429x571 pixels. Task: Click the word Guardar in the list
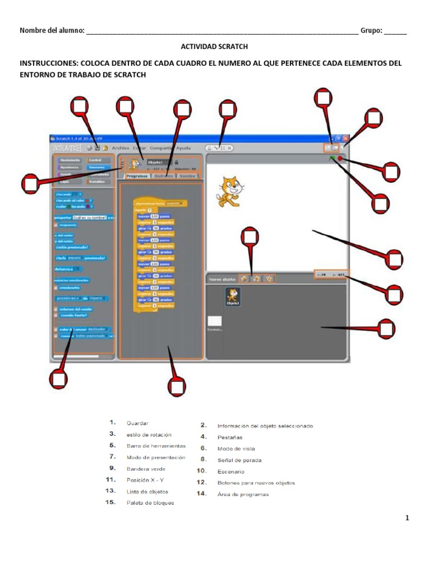pos(137,423)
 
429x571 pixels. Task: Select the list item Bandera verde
pos(146,469)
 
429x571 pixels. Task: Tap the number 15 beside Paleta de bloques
pos(112,502)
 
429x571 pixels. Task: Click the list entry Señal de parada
pos(239,460)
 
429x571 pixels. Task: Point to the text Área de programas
pos(243,494)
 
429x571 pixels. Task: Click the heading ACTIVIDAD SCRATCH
pos(214,47)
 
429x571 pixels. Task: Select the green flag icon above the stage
pos(332,159)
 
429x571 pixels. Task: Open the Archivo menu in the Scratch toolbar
pos(120,148)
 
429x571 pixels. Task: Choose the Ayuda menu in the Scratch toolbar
pos(183,148)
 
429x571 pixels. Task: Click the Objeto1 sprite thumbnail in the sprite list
pos(232,296)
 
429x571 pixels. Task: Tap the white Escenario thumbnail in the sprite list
pos(214,321)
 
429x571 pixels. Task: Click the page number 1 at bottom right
pos(407,518)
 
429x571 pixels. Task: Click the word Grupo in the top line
pos(370,31)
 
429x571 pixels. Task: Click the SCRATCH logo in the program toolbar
pos(67,148)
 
